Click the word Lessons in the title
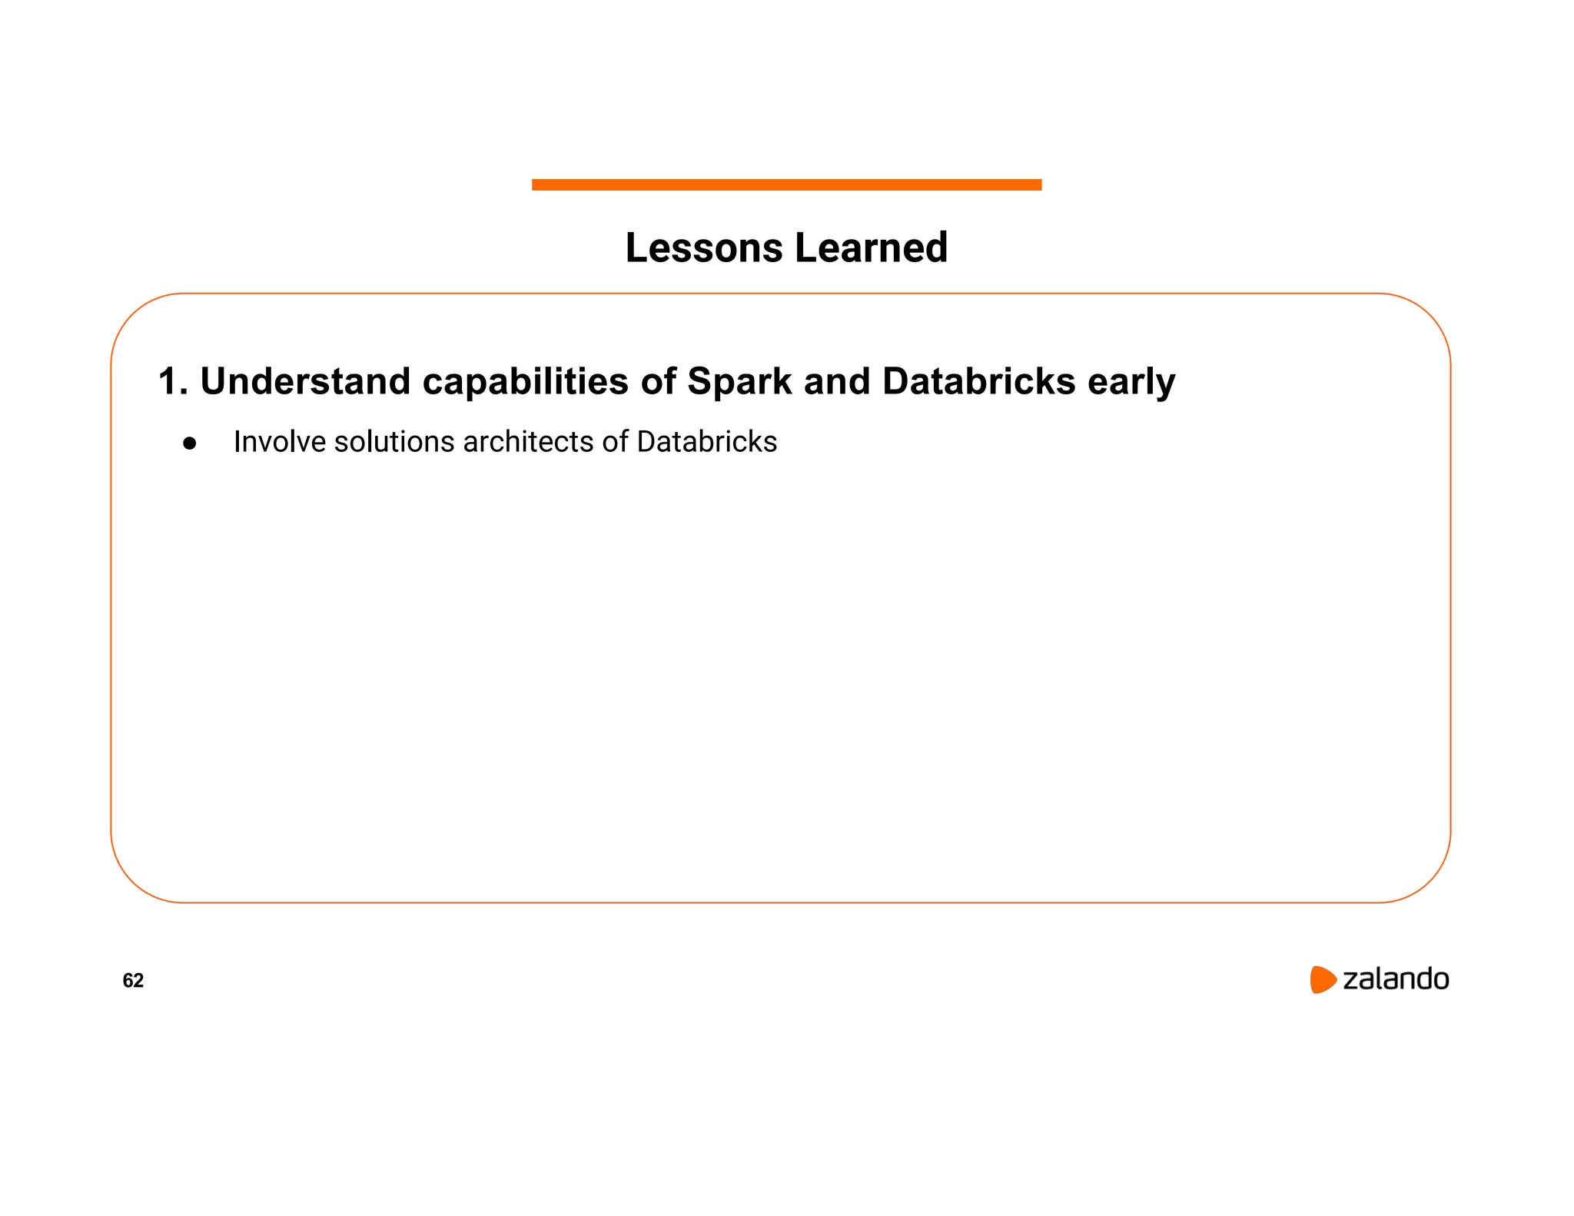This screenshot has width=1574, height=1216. coord(704,248)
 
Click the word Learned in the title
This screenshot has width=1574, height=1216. coord(871,248)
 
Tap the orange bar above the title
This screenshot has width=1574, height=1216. coord(786,184)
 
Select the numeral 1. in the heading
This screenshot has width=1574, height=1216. coord(172,382)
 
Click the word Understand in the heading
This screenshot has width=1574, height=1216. coord(305,382)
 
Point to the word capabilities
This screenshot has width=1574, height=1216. coord(525,382)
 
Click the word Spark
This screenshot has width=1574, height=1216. coord(739,382)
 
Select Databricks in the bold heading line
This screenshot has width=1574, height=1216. coord(978,382)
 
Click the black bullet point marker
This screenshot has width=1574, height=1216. coord(190,444)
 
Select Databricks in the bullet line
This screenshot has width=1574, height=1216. coord(706,442)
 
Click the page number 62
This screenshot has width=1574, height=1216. coord(133,980)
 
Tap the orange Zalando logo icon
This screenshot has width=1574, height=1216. coord(1322,979)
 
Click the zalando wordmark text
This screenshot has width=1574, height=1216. coord(1395,979)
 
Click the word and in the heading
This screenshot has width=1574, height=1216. coord(836,382)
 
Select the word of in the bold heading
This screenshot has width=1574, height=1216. coord(658,382)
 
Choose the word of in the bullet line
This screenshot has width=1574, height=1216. coord(615,442)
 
